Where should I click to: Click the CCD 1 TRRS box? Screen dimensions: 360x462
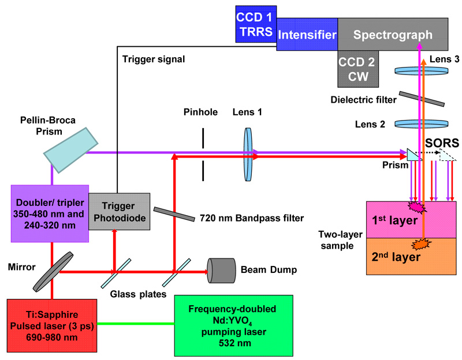click(255, 24)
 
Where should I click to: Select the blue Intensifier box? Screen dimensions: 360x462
click(307, 35)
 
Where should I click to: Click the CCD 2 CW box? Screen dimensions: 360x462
click(356, 69)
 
